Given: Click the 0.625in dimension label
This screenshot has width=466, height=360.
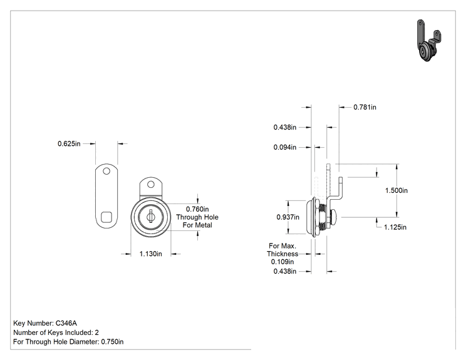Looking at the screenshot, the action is tap(69, 144).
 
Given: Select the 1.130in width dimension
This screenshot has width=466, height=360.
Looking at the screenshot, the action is tap(151, 254).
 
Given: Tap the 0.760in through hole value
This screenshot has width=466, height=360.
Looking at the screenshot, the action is tap(197, 209).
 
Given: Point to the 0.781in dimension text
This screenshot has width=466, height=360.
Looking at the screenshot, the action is tap(365, 107).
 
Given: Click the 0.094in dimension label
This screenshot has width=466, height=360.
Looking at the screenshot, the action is tap(285, 147).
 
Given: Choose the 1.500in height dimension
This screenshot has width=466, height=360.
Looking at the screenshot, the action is tap(396, 190).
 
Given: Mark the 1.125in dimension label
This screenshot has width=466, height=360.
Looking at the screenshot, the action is tap(395, 227).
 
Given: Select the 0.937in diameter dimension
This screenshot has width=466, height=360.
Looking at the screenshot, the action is tap(287, 217).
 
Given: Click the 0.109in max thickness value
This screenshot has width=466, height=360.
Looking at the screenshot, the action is tap(282, 262).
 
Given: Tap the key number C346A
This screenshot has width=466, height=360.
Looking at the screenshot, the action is tap(66, 323).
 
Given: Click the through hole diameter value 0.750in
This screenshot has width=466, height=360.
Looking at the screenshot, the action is tap(112, 342).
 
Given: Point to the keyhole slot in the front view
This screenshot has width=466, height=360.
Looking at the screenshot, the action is tap(151, 216).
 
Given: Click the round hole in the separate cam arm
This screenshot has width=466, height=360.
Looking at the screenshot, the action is tap(106, 171).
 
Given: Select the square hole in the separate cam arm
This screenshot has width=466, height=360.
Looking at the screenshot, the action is tap(106, 217).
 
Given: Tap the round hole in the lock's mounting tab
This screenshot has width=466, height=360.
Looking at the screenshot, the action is tap(151, 185).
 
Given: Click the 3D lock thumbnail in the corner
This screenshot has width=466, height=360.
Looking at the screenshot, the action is tap(429, 41).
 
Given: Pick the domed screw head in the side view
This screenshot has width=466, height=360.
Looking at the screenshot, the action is tap(334, 217).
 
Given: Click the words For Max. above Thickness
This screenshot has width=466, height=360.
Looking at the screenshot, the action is tap(282, 246).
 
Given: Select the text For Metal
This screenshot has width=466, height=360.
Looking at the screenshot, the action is tap(197, 225).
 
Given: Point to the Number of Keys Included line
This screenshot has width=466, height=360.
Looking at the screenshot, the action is tap(56, 332).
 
